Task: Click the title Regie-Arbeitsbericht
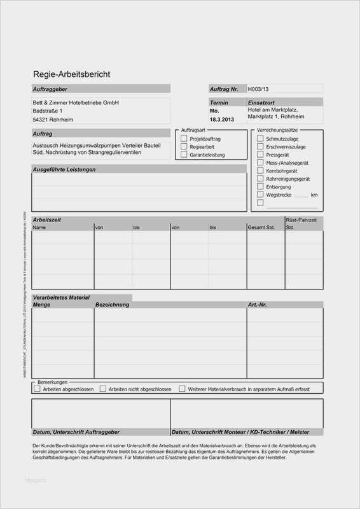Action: (x=72, y=74)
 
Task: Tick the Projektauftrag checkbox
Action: (x=184, y=138)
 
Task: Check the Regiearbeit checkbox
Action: (x=184, y=146)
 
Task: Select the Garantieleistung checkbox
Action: (x=184, y=155)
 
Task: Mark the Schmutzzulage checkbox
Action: (x=260, y=138)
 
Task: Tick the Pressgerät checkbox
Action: (x=260, y=155)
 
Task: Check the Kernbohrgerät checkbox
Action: (x=260, y=171)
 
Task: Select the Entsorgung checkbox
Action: (x=260, y=187)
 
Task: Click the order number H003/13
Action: (x=259, y=89)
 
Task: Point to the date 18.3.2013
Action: (x=223, y=120)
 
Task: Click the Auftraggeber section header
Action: (x=50, y=89)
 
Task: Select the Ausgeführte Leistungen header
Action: (x=64, y=169)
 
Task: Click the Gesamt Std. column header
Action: (x=261, y=227)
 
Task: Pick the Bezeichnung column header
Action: (x=113, y=305)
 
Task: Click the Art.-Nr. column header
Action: (x=258, y=305)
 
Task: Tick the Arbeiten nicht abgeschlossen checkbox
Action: (x=104, y=388)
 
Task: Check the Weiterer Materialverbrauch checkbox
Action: (x=183, y=388)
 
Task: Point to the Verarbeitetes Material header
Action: (x=62, y=297)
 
